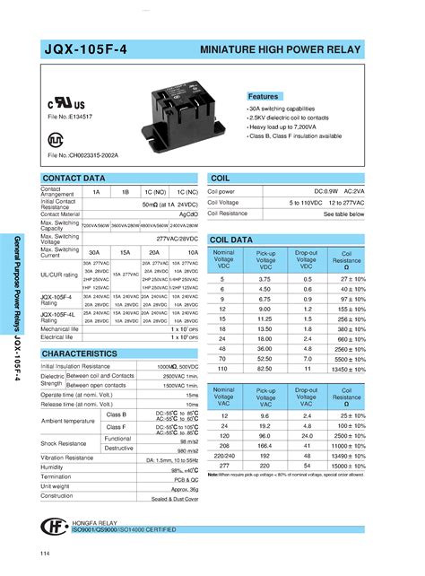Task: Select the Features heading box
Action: [x=264, y=96]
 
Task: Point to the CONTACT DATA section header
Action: [x=75, y=179]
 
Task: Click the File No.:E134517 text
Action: [x=70, y=117]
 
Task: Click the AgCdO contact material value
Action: [x=187, y=214]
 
